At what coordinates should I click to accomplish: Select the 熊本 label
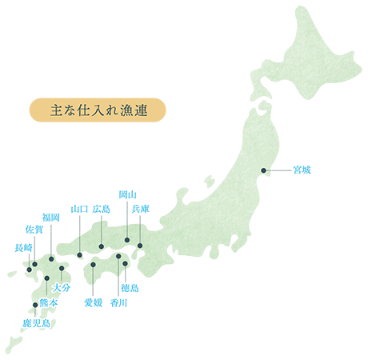coord(47,305)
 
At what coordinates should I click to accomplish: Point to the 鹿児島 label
coord(36,323)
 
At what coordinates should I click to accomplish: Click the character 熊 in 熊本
coord(42,305)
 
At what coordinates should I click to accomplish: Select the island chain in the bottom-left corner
coord(16,344)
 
